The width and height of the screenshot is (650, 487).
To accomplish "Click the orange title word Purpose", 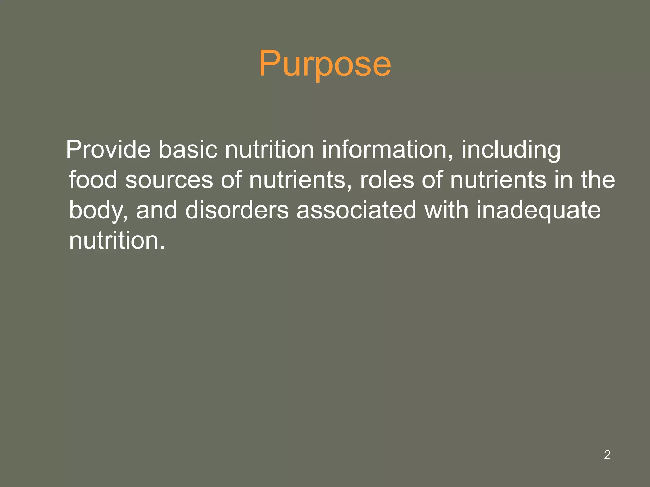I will (325, 64).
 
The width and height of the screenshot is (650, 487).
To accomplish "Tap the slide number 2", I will (607, 455).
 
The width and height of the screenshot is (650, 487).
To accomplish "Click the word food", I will (93, 180).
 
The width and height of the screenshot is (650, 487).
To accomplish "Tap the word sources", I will (169, 180).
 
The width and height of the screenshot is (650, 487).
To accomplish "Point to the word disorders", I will (237, 210).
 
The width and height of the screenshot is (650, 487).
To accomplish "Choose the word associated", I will (356, 210).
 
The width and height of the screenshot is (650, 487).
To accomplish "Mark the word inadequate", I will (539, 210).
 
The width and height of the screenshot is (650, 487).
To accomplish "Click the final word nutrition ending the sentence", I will (117, 240).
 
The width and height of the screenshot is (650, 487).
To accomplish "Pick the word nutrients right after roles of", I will (498, 180).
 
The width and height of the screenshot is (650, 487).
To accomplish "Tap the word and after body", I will (156, 210).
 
